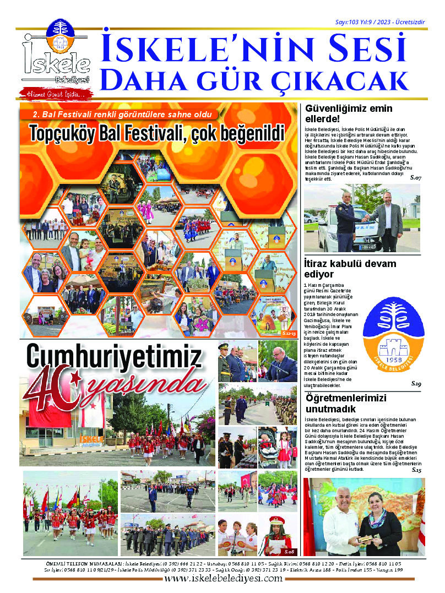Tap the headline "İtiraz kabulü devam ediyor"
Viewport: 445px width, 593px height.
coord(350,268)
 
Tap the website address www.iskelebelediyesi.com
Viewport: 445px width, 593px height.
coord(222,579)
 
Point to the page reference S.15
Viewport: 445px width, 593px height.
coord(415,471)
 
